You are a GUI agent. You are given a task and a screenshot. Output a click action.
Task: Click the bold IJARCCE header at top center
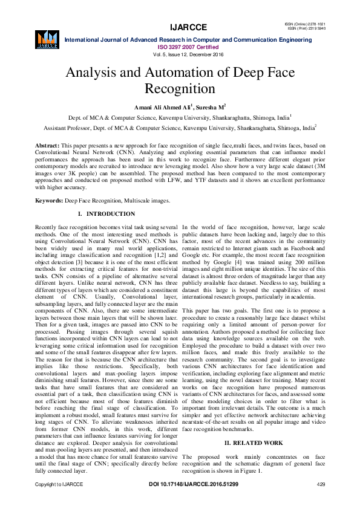pyautogui.click(x=188, y=27)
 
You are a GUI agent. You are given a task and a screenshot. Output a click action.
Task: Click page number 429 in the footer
pyautogui.click(x=321, y=485)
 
